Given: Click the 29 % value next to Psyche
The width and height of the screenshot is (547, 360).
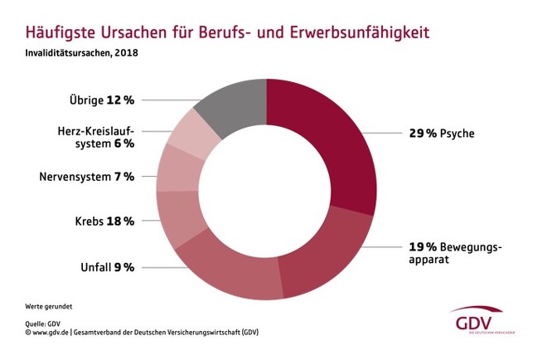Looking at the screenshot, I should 423,133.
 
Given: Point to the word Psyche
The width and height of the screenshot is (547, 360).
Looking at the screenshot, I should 457,133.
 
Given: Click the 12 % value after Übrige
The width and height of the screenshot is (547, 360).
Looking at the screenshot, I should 120,100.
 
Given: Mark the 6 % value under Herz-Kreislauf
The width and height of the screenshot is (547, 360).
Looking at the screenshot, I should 123,143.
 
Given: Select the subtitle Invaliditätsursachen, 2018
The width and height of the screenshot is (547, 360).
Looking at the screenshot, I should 75,55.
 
